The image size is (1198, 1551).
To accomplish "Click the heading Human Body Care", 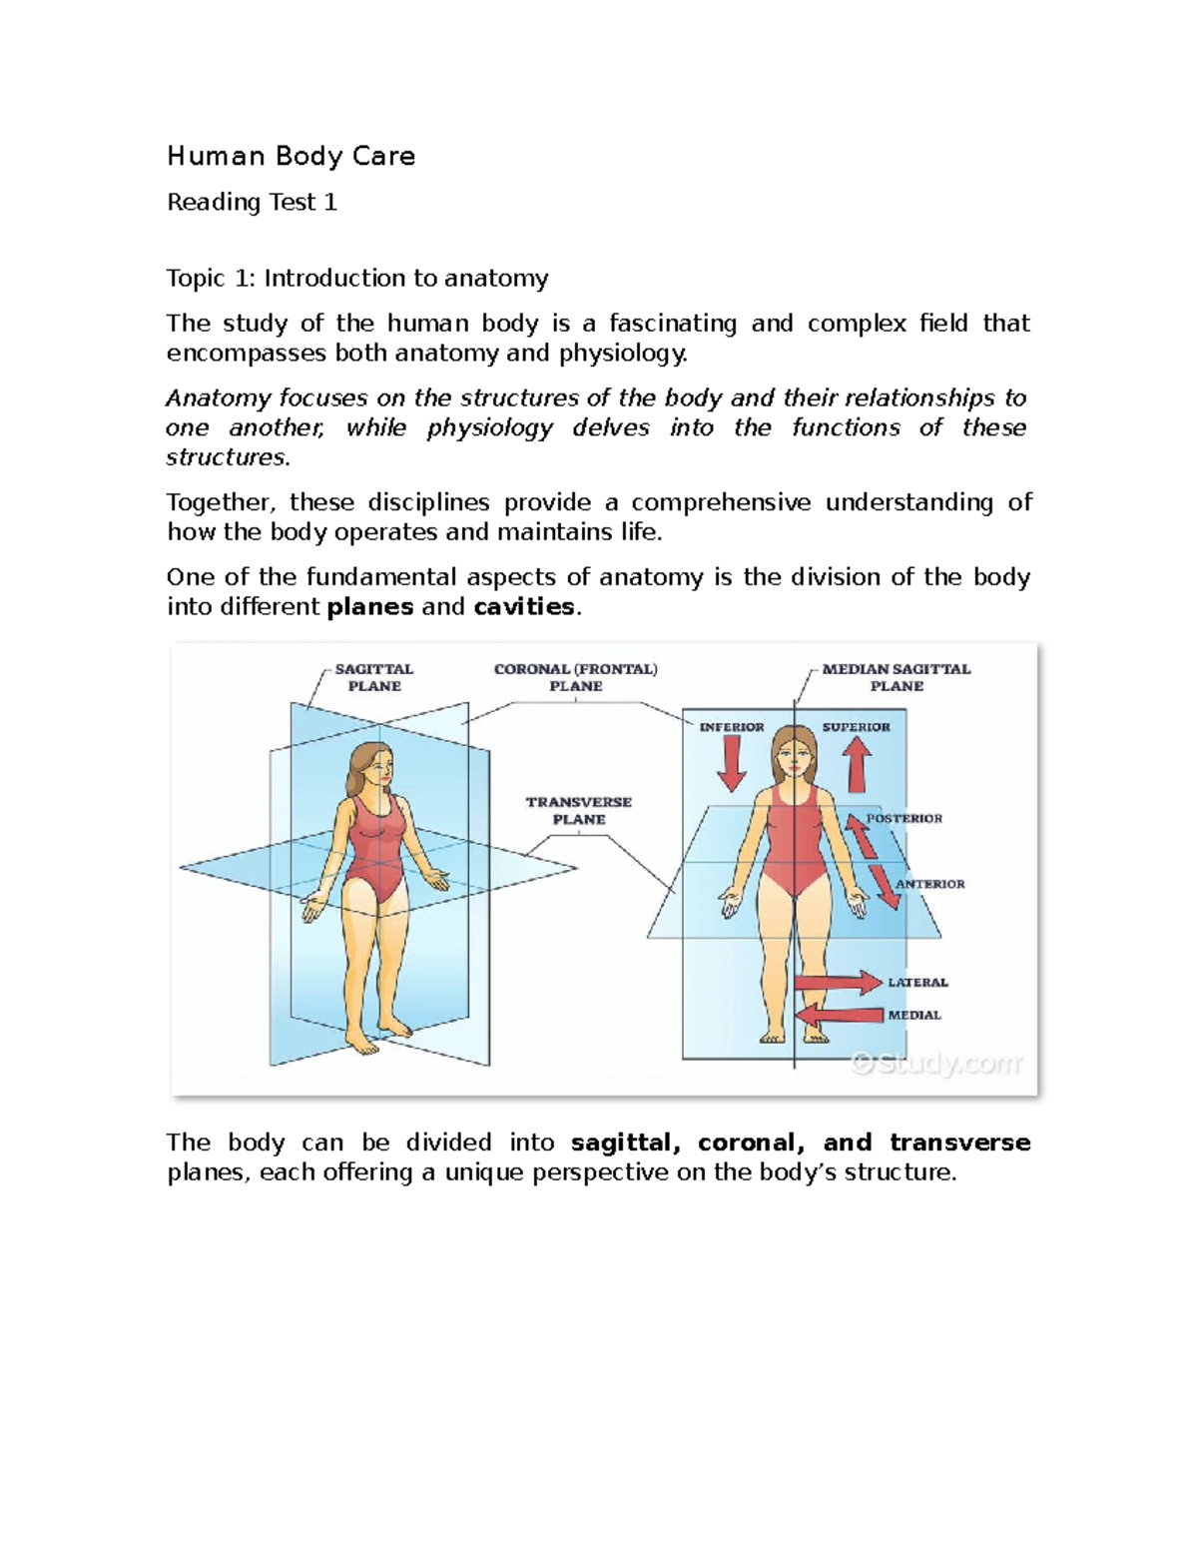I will (x=291, y=156).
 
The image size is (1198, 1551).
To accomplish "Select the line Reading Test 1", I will (x=252, y=202).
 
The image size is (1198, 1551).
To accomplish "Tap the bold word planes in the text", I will (x=369, y=606).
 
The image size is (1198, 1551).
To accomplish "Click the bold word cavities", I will (x=524, y=606).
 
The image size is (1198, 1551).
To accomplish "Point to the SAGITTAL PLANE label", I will (x=374, y=677).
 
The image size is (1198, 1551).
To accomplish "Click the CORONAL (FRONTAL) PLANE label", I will (x=576, y=677).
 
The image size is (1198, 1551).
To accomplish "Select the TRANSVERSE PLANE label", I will (x=579, y=810).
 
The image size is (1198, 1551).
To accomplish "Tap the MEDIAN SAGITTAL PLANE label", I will (x=896, y=677).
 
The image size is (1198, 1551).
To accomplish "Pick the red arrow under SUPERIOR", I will (x=857, y=767).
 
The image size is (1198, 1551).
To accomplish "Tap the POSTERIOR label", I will (x=904, y=818).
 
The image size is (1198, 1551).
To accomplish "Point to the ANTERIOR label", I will (x=929, y=884).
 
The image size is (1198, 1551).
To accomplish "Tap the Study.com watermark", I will (x=935, y=1063).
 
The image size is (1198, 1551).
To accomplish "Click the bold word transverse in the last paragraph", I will (x=959, y=1142).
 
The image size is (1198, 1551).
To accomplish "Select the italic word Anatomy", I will (x=218, y=397).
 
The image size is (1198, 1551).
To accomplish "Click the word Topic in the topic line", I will (x=196, y=278).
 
